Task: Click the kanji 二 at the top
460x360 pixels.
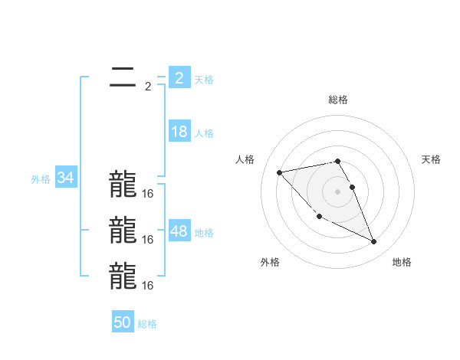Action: [x=122, y=77]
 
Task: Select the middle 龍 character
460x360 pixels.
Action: [x=122, y=230]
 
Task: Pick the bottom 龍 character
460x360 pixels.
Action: [x=122, y=276]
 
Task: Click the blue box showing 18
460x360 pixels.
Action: [x=179, y=132]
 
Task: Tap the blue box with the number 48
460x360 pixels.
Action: [x=179, y=231]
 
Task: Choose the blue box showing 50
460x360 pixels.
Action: [x=122, y=322]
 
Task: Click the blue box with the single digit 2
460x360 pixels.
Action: [x=179, y=78]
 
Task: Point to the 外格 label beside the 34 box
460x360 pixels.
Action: [x=41, y=179]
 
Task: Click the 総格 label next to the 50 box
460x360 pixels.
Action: [x=147, y=324]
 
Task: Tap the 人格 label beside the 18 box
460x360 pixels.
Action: [x=204, y=133]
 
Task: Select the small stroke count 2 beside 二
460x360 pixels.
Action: [x=148, y=87]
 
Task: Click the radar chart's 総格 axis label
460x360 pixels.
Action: [x=337, y=100]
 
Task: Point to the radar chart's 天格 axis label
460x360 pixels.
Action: [x=431, y=159]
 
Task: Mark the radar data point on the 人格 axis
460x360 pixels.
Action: [x=279, y=172]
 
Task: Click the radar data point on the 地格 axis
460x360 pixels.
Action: [x=374, y=242]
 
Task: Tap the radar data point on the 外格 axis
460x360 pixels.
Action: [x=319, y=217]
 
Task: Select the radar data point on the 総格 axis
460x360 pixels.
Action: [x=337, y=161]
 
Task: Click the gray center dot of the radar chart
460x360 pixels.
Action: [x=337, y=191]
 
